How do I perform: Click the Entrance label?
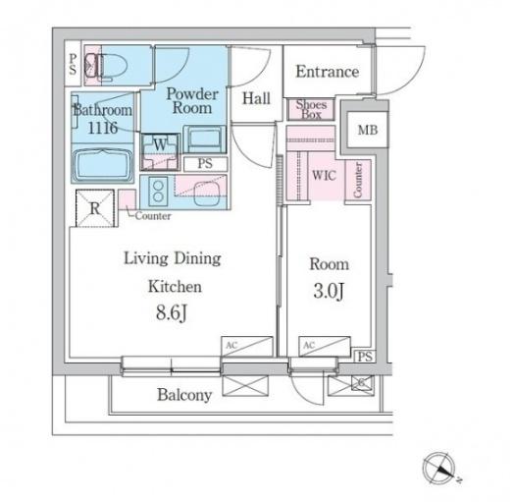(328, 72)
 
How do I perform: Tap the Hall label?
(256, 98)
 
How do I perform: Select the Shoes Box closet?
(311, 109)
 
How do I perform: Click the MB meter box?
(368, 130)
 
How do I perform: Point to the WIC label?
(324, 175)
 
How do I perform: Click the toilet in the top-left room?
(105, 66)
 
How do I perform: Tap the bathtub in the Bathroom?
(103, 165)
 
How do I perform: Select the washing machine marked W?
(160, 151)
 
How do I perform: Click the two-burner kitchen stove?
(158, 192)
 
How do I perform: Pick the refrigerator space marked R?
(95, 208)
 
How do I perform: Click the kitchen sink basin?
(205, 194)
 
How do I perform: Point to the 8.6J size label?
(172, 312)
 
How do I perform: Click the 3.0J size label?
(329, 291)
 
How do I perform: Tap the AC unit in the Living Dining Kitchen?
(247, 347)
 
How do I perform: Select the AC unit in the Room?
(325, 347)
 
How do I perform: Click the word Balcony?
(184, 395)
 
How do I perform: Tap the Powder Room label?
(192, 101)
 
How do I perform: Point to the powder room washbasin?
(205, 139)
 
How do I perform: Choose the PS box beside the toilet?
(73, 64)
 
